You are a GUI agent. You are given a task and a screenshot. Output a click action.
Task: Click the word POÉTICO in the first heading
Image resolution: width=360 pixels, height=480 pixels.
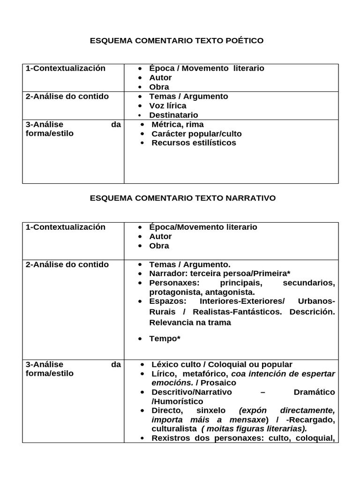(246, 41)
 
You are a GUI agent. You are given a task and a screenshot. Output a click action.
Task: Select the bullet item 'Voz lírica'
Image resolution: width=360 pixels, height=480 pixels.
(167, 105)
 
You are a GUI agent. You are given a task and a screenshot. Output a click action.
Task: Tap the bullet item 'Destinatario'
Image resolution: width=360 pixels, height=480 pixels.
(173, 115)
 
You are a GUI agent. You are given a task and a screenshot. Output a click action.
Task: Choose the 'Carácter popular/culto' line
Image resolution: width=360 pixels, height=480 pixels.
(196, 134)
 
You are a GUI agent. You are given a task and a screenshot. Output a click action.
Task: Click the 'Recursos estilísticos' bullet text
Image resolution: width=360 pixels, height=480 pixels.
(194, 142)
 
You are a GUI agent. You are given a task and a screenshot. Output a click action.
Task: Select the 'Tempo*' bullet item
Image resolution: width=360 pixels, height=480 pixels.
(165, 338)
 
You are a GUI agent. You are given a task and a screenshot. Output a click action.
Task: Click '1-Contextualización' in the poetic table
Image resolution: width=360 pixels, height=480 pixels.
(66, 68)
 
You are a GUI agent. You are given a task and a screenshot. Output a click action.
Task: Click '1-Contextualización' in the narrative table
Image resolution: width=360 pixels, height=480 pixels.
(66, 227)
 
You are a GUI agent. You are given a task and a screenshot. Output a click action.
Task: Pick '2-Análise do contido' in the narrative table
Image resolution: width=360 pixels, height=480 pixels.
(67, 264)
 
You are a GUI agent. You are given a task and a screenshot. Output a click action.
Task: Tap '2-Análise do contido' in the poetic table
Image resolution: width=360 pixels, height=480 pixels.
(67, 97)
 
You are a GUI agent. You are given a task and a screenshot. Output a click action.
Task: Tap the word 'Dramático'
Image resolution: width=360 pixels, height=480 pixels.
(314, 392)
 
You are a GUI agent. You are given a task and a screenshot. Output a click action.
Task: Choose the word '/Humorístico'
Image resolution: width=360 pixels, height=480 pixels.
(177, 401)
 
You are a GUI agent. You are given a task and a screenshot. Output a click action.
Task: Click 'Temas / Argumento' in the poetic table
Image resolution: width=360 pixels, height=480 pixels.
(188, 97)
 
